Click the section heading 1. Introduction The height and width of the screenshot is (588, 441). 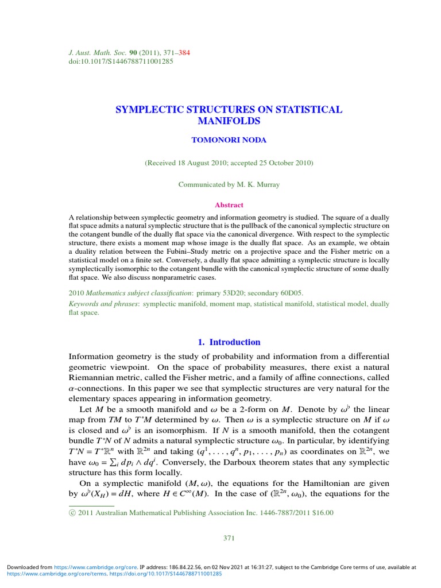pos(229,342)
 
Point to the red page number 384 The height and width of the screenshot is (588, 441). pos(184,53)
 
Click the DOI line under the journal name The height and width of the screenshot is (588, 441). pos(120,61)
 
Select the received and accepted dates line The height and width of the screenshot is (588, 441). pos(229,163)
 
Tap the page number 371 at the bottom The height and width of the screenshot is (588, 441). pos(229,538)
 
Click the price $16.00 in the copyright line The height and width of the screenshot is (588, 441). pos(321,513)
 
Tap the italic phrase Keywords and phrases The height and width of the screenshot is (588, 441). pos(103,304)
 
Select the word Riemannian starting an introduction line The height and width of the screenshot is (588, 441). pos(91,377)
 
